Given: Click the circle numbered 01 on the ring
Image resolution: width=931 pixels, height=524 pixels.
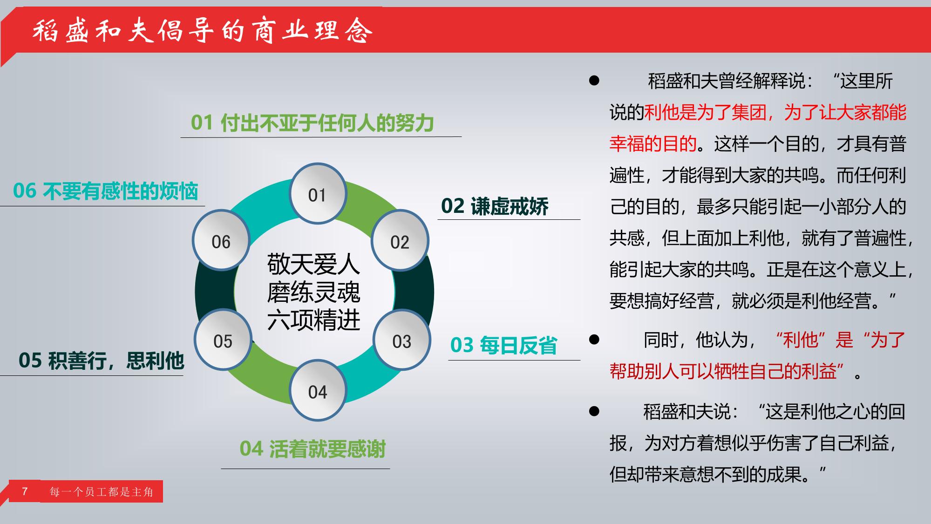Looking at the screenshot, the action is (318, 193).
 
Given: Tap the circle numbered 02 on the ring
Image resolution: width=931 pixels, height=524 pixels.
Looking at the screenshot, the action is (400, 240).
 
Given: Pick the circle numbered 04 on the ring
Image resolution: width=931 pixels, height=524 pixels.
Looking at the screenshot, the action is (318, 390).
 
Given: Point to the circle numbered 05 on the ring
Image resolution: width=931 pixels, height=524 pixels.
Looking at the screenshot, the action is (223, 340).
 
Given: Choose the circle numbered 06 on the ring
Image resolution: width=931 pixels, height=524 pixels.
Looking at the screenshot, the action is (221, 240).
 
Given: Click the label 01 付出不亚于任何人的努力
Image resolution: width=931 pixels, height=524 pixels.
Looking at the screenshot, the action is (313, 123).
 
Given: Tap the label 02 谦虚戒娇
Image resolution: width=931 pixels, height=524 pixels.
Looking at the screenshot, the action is (495, 206).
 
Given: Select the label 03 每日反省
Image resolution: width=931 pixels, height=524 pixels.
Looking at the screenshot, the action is (503, 346).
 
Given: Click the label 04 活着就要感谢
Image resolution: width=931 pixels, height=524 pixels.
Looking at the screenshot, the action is (313, 449).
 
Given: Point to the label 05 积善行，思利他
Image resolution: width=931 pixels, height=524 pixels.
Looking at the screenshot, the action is (101, 361).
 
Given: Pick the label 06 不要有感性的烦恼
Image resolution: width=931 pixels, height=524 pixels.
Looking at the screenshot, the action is (106, 191).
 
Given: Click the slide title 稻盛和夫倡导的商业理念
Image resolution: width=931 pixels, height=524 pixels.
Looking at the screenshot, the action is (203, 31).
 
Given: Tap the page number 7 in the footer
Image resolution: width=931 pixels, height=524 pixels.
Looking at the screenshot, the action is (25, 491).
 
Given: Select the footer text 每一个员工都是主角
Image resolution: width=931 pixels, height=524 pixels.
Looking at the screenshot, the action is (102, 492).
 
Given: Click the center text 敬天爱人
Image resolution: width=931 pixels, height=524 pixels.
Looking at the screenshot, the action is (313, 265).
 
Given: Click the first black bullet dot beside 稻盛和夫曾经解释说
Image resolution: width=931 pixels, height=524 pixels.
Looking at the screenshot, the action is (594, 81).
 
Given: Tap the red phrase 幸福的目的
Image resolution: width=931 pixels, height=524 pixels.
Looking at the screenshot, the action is (653, 144).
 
